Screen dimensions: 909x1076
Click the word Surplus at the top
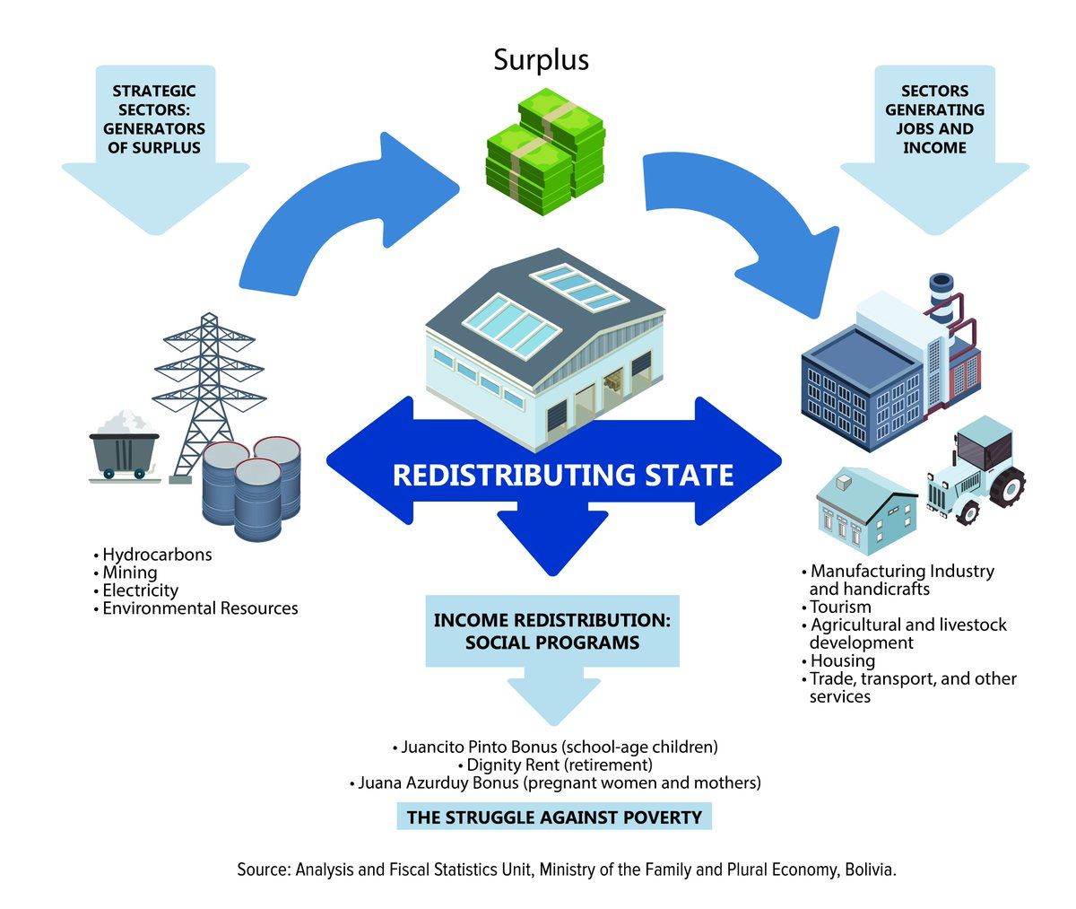point(541,59)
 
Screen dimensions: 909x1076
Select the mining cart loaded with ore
point(124,443)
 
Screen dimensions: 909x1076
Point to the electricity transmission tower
point(207,386)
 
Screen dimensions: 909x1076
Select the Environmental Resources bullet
point(199,608)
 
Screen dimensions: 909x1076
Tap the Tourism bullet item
point(840,607)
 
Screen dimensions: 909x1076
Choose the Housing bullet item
point(842,660)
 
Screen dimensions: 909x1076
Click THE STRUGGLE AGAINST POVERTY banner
point(554,817)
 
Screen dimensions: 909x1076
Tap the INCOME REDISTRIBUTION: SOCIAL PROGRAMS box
point(551,631)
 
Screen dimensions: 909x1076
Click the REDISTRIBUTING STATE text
point(562,474)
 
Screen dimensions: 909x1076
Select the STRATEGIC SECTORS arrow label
point(154,118)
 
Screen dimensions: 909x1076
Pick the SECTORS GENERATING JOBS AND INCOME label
point(934,118)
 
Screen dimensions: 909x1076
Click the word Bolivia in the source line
point(869,870)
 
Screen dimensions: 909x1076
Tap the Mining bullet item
point(129,572)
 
